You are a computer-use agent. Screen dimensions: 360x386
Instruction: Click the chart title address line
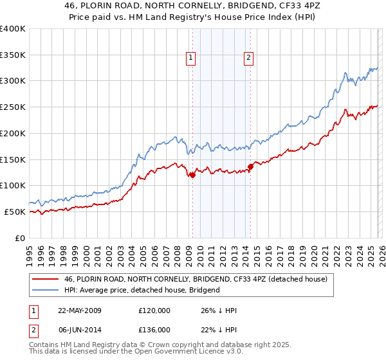tap(192, 5)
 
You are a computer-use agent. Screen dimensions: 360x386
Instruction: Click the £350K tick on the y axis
tap(13, 55)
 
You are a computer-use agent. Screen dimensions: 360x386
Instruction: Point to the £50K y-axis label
tap(15, 212)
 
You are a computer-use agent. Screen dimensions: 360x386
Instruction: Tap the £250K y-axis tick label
tap(13, 107)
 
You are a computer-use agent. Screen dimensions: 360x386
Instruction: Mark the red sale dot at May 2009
tap(192, 175)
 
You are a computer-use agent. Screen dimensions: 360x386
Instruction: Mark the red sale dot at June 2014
tap(250, 166)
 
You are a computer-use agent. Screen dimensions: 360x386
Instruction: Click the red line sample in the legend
tap(45, 280)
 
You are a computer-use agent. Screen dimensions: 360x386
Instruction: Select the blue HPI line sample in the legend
tap(45, 290)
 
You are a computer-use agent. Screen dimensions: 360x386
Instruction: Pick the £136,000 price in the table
tap(154, 329)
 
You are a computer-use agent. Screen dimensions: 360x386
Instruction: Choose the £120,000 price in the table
tap(154, 310)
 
